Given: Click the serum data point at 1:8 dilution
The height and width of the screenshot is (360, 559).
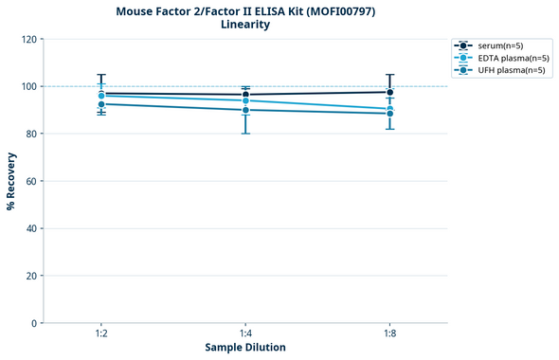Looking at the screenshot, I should point(389,92).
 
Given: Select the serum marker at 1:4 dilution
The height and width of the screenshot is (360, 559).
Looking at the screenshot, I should point(245,94).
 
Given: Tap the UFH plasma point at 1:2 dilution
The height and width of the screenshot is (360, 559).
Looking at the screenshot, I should point(101,103).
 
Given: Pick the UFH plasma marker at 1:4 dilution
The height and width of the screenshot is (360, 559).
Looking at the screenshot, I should point(245,110).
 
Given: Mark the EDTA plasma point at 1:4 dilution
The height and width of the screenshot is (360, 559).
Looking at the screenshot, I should point(245,100).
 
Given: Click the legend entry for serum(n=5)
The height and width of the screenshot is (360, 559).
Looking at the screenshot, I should point(498,45).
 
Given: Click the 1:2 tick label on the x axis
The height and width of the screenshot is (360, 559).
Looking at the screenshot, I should point(101,334).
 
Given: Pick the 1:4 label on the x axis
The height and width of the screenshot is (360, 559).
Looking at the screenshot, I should point(245,334).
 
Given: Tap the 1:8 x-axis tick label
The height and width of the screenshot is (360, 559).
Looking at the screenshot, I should point(389,334).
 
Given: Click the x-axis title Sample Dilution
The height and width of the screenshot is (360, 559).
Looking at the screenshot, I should point(245,348).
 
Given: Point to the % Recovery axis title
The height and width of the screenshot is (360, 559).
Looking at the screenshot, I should point(11,181).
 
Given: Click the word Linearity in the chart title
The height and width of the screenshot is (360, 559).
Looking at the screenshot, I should point(245,25).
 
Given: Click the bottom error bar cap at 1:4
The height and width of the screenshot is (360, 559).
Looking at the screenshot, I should point(245,134).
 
